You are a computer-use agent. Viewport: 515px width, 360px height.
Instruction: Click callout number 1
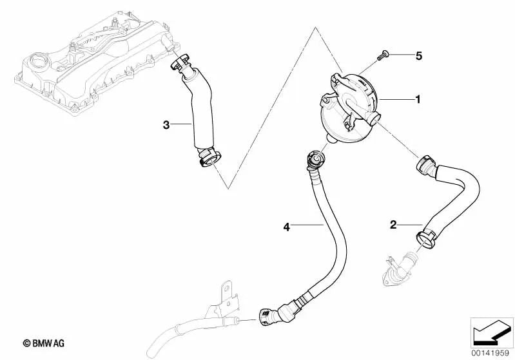(x=418, y=99)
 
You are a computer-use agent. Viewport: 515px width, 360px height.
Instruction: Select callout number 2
(x=393, y=225)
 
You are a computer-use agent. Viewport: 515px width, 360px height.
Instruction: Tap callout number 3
(x=166, y=125)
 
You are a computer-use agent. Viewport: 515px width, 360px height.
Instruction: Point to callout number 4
(x=287, y=227)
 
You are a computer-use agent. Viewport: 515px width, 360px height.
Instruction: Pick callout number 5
(x=418, y=56)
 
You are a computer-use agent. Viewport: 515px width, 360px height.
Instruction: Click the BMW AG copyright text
(x=44, y=343)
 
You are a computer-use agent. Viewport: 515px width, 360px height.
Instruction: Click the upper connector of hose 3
(x=180, y=63)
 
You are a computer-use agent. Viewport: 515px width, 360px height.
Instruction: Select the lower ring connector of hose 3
(x=210, y=158)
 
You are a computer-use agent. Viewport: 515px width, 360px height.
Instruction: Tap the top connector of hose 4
(x=316, y=158)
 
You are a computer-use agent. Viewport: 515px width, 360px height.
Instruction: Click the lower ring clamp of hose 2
(x=426, y=240)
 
